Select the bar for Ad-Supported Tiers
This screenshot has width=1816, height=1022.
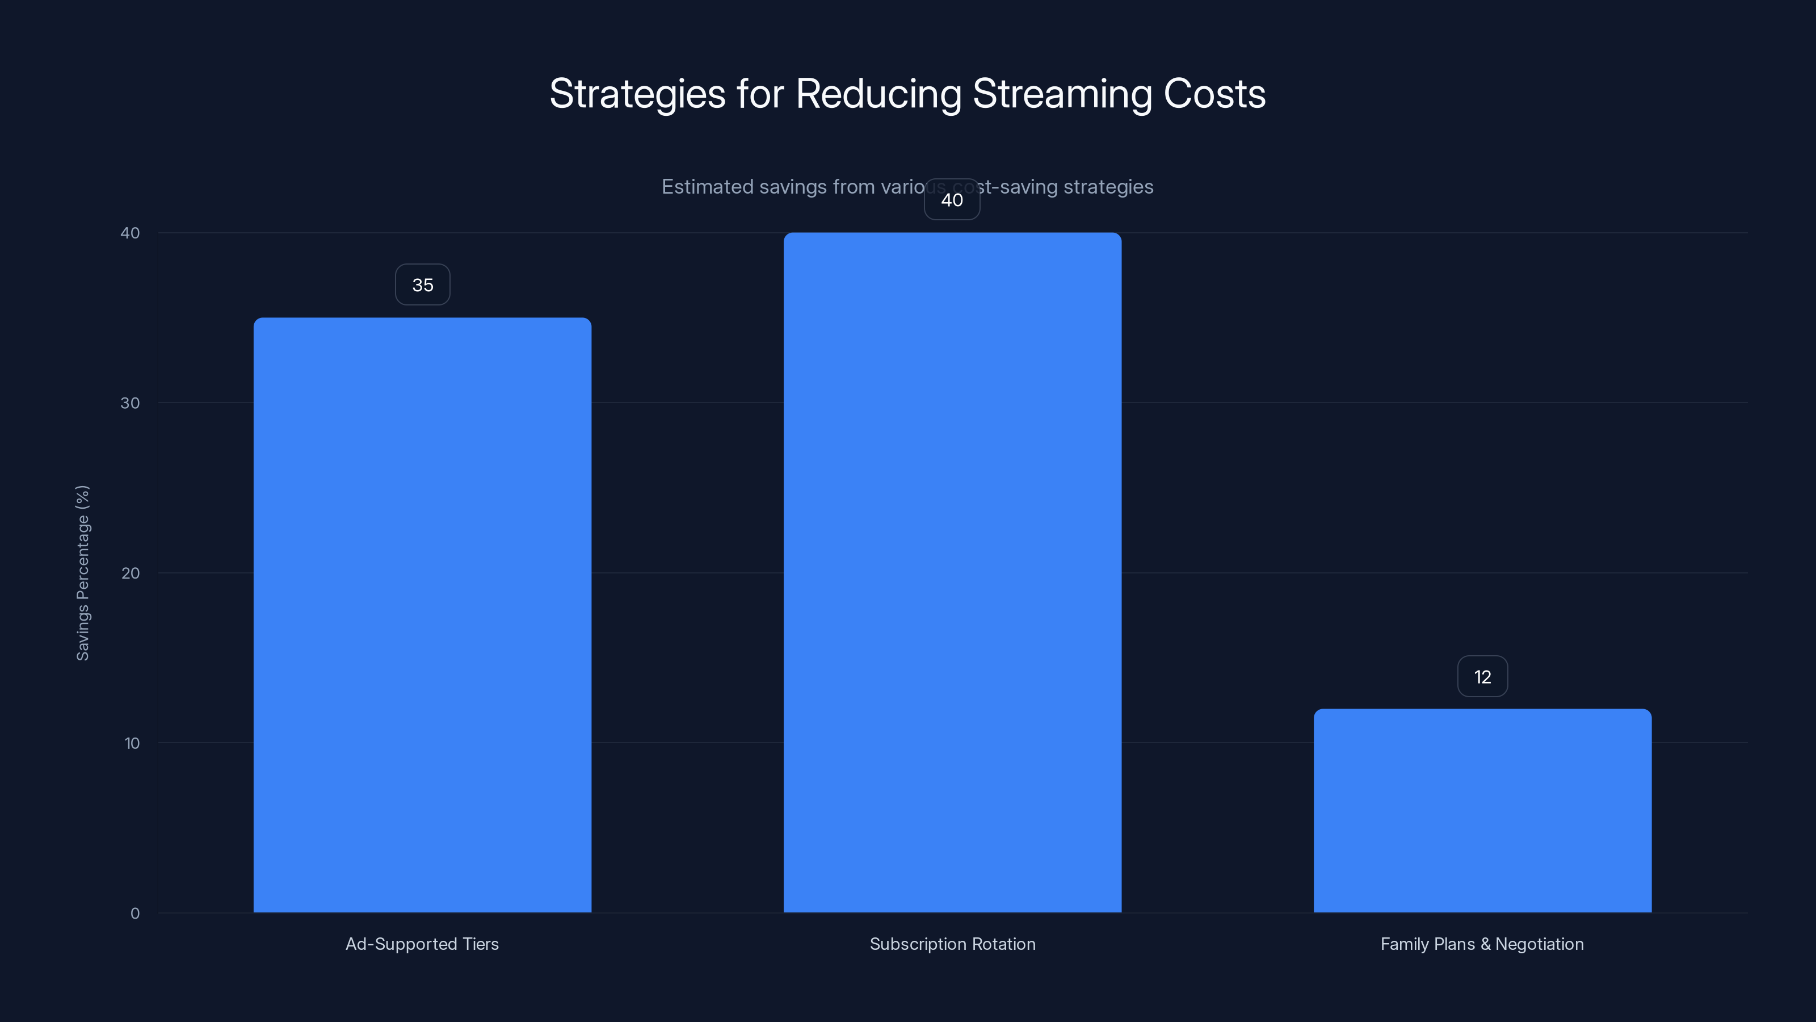pyautogui.click(x=422, y=614)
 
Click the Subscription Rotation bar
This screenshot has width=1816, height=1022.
pyautogui.click(x=952, y=572)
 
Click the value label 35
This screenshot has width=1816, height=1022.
pyautogui.click(x=422, y=285)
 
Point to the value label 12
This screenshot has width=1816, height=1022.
pyautogui.click(x=1482, y=677)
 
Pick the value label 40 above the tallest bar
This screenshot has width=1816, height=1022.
pyautogui.click(x=952, y=200)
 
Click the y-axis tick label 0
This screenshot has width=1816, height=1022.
pyautogui.click(x=134, y=914)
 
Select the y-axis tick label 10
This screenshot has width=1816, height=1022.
pyautogui.click(x=131, y=743)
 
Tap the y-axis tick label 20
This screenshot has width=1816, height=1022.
pyautogui.click(x=131, y=573)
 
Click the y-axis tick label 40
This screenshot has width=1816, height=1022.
pyautogui.click(x=130, y=233)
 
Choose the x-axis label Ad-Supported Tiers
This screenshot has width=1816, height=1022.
pyautogui.click(x=422, y=944)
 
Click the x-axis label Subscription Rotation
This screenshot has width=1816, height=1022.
pyautogui.click(x=952, y=944)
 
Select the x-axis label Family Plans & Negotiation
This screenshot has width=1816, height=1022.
pyautogui.click(x=1482, y=944)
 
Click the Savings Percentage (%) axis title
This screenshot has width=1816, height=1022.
pyautogui.click(x=82, y=573)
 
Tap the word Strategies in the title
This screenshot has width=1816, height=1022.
pyautogui.click(x=637, y=94)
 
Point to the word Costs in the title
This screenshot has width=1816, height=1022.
pyautogui.click(x=1214, y=94)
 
